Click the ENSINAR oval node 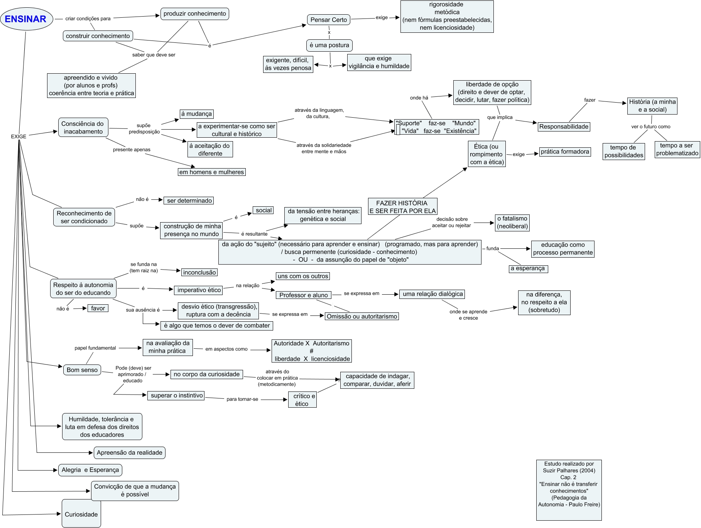click(26, 19)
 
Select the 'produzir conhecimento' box click(194, 14)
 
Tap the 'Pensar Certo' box click(329, 20)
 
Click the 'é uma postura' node click(329, 45)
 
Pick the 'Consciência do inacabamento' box click(83, 128)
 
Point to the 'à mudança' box click(197, 114)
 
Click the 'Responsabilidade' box click(564, 127)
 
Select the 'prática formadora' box click(565, 152)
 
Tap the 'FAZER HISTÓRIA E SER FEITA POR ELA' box click(402, 207)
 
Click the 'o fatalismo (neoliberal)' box click(512, 223)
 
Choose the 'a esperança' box click(528, 268)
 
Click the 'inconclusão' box click(199, 272)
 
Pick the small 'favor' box click(98, 308)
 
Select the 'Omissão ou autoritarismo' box click(361, 316)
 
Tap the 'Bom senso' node click(82, 370)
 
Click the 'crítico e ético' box click(302, 400)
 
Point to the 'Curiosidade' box click(81, 514)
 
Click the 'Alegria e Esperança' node click(90, 470)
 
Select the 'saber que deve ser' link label click(154, 55)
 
